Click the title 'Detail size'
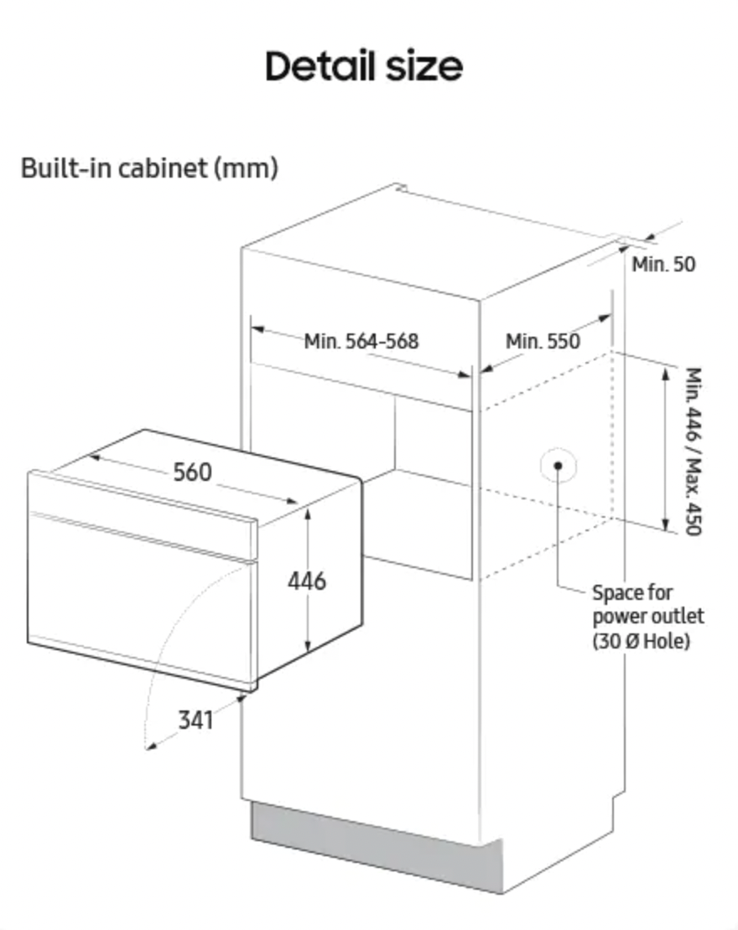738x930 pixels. pyautogui.click(x=363, y=66)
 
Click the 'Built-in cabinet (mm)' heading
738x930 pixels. pyautogui.click(x=148, y=168)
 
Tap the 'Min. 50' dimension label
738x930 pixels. pyautogui.click(x=663, y=264)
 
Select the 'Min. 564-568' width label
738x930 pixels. pyautogui.click(x=361, y=341)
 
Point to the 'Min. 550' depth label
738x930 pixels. pyautogui.click(x=543, y=341)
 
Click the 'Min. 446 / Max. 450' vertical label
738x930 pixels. pyautogui.click(x=693, y=451)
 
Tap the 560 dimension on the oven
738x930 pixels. pyautogui.click(x=193, y=472)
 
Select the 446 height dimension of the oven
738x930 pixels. pyautogui.click(x=307, y=580)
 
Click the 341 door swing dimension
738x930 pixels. pyautogui.click(x=195, y=719)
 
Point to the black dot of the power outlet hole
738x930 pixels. pyautogui.click(x=558, y=465)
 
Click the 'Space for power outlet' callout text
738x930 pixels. pyautogui.click(x=647, y=605)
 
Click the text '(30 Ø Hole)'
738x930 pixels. pyautogui.click(x=641, y=642)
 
